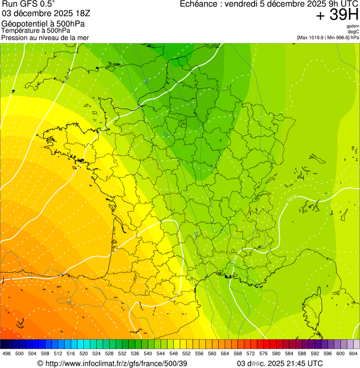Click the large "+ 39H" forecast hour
click(337, 15)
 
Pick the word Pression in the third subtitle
click(14, 37)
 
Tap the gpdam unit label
click(353, 26)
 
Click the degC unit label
click(353, 31)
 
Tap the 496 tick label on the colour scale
click(7, 353)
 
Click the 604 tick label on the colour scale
click(353, 353)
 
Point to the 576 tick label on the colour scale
click(264, 353)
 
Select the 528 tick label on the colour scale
click(110, 353)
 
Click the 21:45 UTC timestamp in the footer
click(302, 363)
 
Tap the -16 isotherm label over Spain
click(69, 303)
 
